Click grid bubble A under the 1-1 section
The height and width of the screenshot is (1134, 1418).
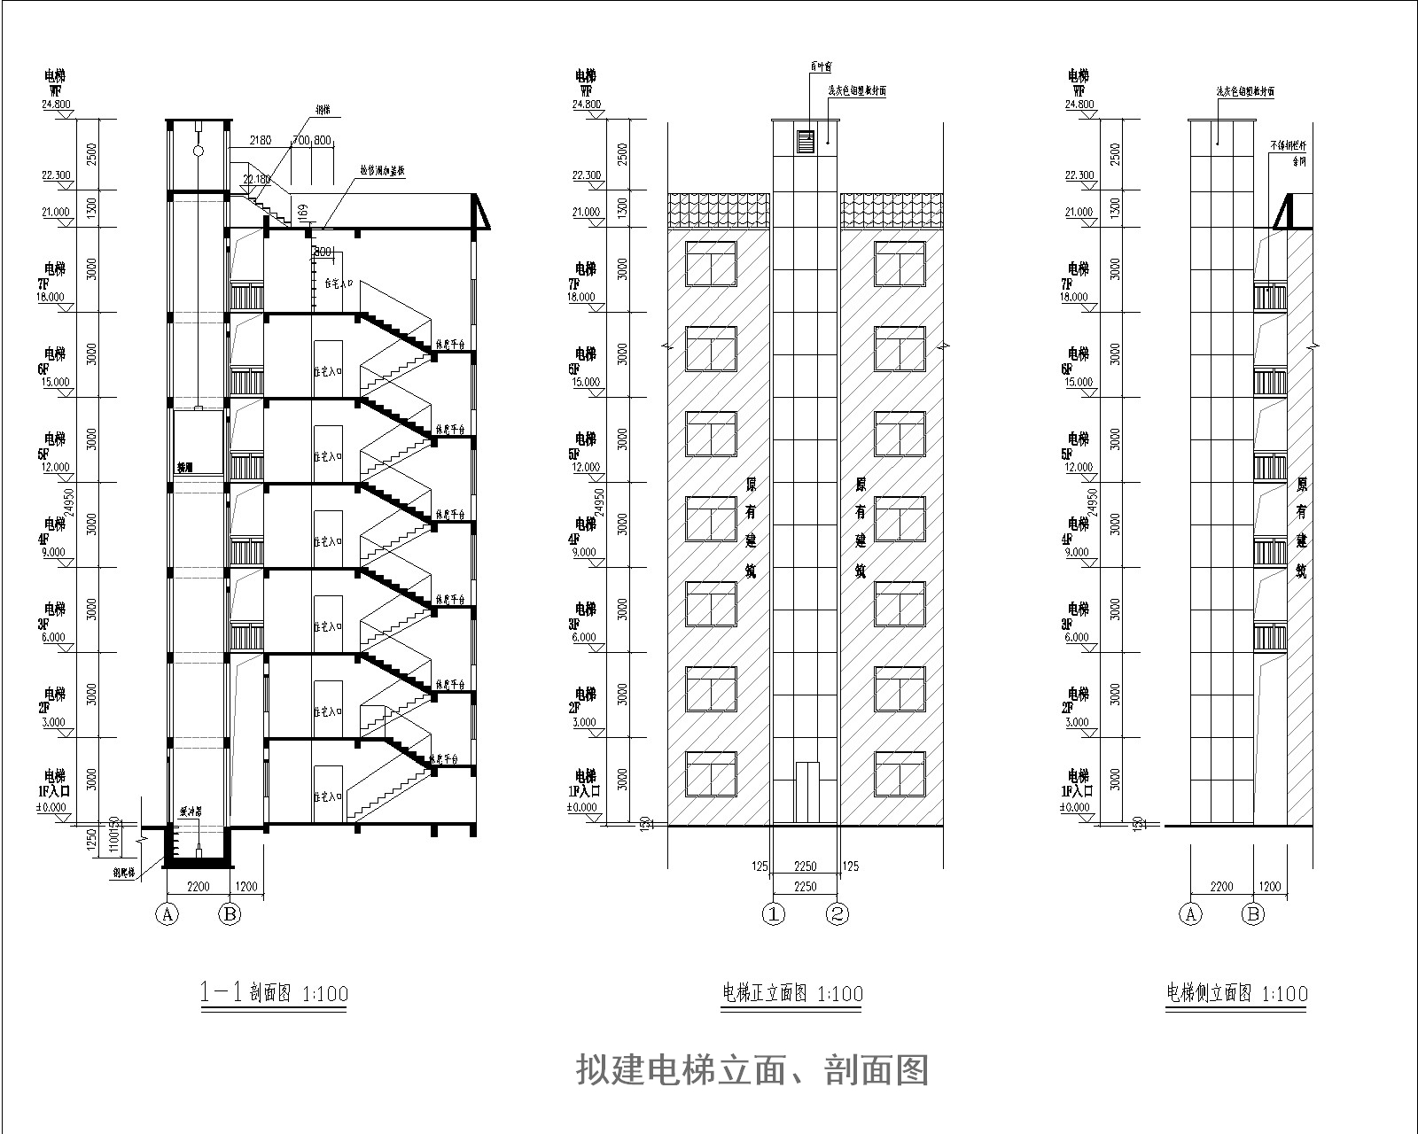(168, 913)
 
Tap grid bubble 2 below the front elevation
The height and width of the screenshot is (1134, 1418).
(838, 913)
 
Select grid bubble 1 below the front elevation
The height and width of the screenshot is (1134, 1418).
(775, 913)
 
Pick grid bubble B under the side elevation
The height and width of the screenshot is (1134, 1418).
(1253, 913)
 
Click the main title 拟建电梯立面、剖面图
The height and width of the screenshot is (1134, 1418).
(752, 1069)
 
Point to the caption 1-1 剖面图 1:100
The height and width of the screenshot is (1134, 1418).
(274, 993)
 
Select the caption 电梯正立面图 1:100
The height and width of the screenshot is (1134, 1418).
(792, 993)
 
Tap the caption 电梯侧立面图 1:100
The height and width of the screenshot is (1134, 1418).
(1236, 993)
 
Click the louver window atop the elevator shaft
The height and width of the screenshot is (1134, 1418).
(806, 141)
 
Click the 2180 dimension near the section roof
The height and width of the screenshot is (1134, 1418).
(260, 141)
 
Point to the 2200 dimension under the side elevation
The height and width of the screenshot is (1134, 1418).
(1220, 886)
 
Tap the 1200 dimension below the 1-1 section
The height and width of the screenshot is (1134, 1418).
(247, 886)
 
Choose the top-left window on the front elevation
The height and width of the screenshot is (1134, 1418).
(711, 264)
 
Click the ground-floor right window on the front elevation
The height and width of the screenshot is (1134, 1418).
(900, 774)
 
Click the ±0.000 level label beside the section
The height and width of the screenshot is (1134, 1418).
(55, 807)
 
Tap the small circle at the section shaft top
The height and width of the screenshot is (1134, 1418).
(199, 152)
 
